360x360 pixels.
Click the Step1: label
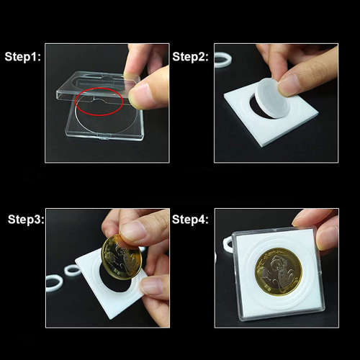23,57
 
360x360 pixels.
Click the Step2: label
190,57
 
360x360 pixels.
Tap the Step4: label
190,220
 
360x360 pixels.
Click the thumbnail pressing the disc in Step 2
292,84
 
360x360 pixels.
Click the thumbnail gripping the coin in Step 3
132,230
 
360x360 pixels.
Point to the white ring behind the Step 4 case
228,245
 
